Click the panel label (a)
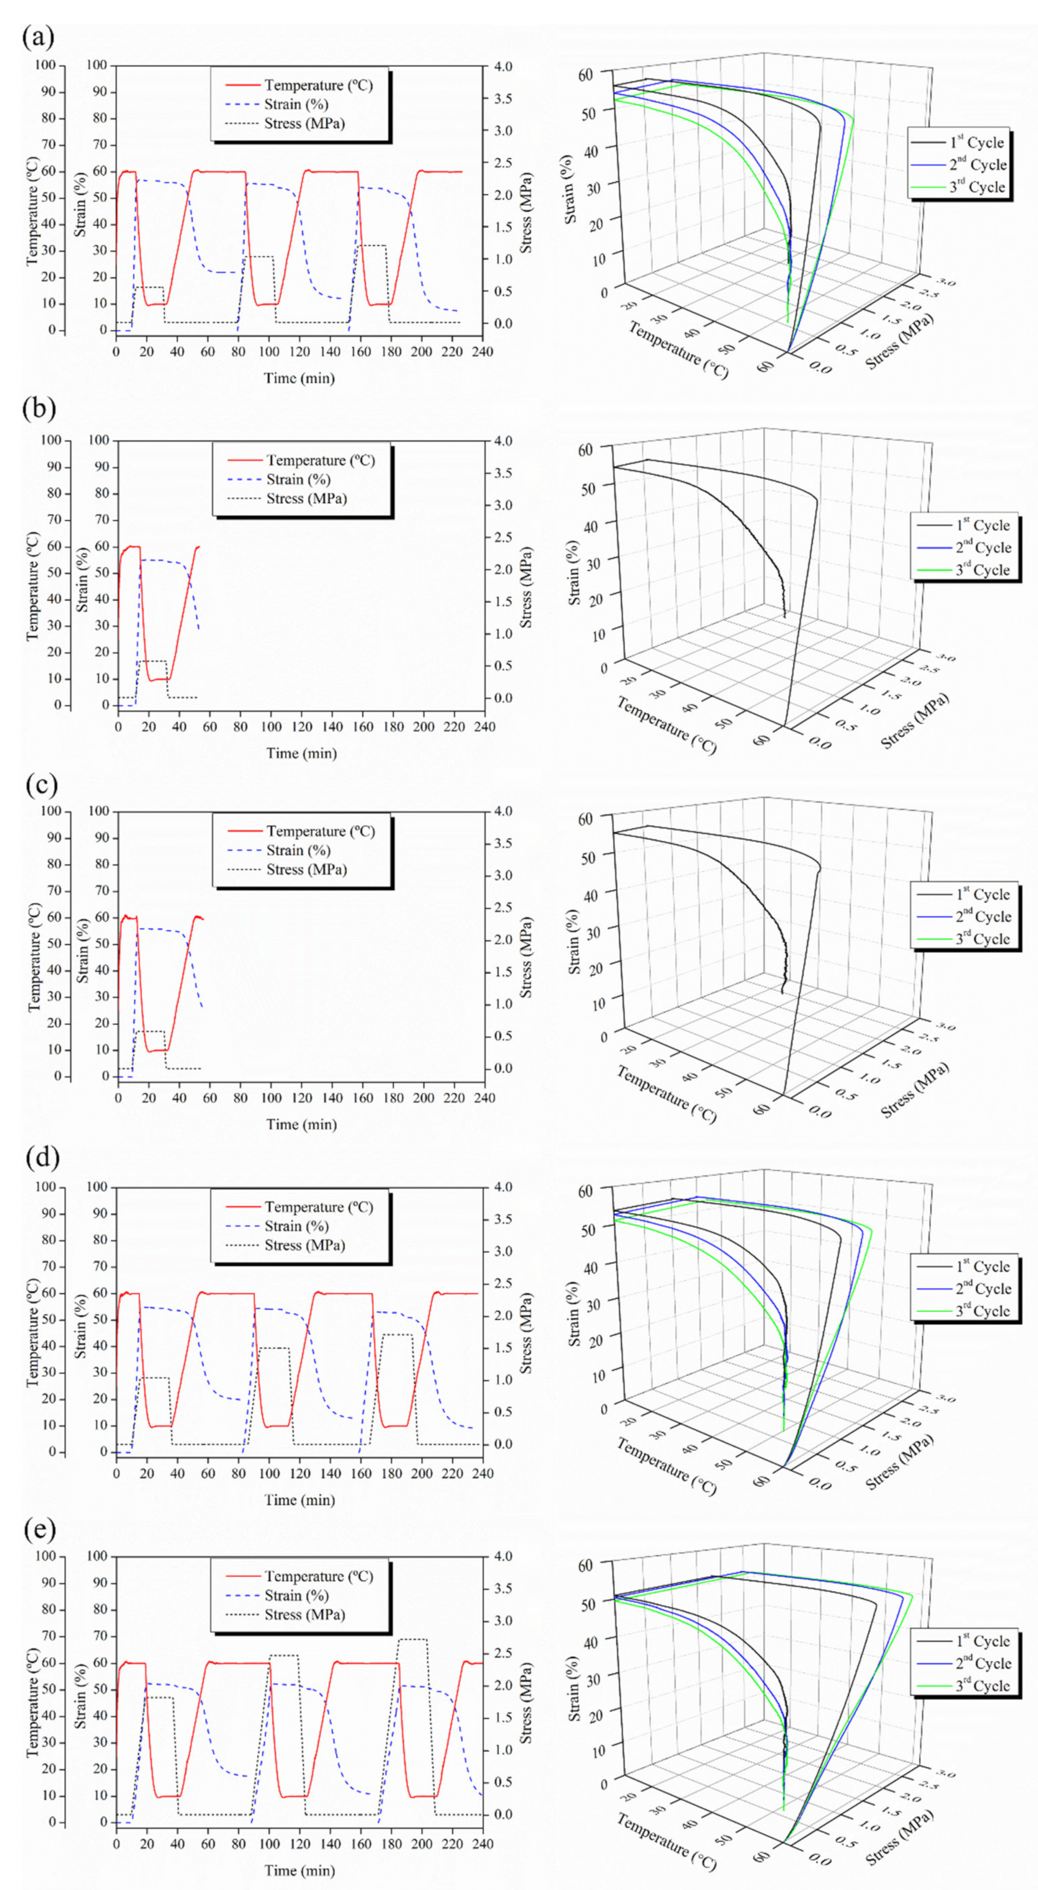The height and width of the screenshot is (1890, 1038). (x=38, y=37)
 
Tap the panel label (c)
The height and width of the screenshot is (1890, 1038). (x=41, y=785)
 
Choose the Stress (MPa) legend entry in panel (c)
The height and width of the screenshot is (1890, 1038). (x=306, y=869)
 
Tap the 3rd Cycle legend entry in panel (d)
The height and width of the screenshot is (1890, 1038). (x=982, y=1311)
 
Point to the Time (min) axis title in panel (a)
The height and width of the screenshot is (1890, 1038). (x=299, y=378)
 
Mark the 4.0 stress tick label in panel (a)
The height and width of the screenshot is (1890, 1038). (x=503, y=66)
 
